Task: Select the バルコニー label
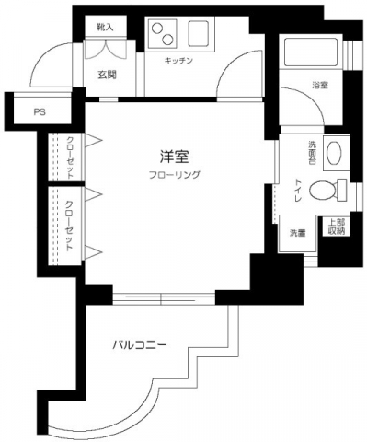click(x=139, y=345)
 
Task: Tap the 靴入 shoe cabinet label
click(x=105, y=29)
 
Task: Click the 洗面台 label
click(x=310, y=153)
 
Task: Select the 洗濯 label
click(x=299, y=231)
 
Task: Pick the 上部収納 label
click(x=338, y=227)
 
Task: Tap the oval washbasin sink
click(x=333, y=153)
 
